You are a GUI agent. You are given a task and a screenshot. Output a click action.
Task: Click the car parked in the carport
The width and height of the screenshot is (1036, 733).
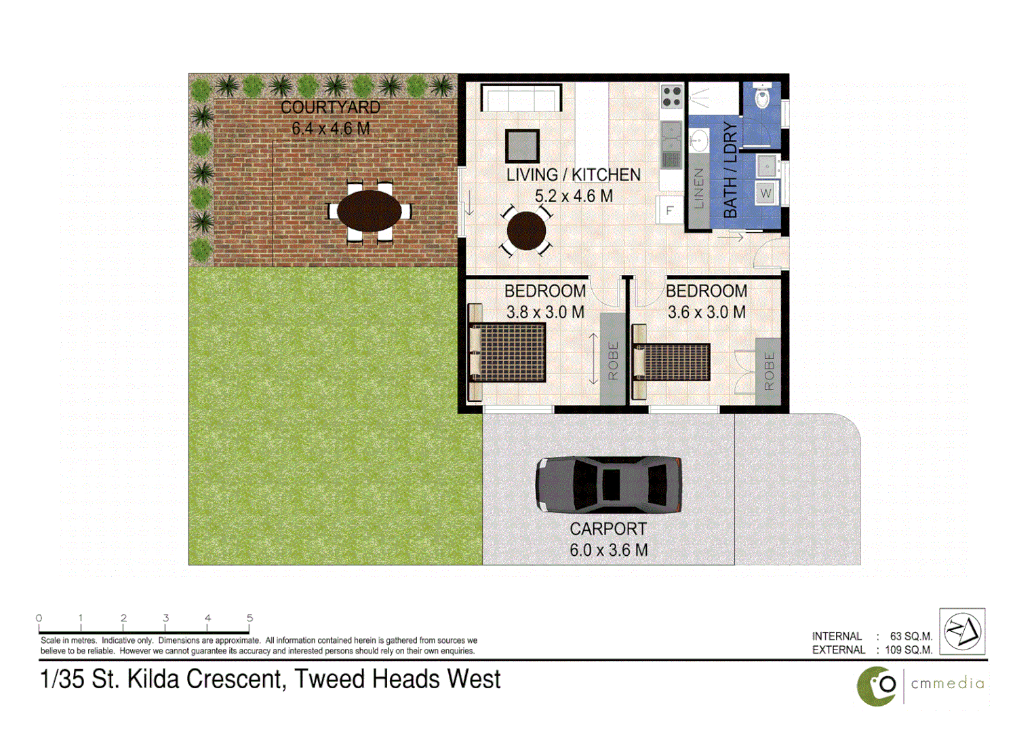tap(608, 484)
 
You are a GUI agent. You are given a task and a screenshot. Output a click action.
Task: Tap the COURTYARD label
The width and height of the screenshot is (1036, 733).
tap(330, 107)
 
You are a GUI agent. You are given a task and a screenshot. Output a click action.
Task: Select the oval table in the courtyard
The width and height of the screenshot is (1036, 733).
tap(369, 211)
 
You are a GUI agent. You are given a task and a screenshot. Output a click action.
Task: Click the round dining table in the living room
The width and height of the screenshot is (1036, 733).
tap(526, 231)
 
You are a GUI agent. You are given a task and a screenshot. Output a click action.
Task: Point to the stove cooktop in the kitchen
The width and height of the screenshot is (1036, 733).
tap(671, 96)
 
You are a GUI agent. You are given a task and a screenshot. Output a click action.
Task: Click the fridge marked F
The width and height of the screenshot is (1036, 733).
tap(669, 210)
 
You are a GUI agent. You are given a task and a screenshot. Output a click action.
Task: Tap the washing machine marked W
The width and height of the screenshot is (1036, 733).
tap(766, 193)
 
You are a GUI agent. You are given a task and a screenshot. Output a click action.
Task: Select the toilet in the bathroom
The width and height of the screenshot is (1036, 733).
tap(763, 96)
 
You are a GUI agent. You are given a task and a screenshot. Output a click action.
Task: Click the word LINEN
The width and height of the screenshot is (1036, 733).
tap(699, 188)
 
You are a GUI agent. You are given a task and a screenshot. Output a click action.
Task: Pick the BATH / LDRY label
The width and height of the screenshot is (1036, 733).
tap(730, 170)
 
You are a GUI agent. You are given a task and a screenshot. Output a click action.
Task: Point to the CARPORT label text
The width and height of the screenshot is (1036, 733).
tap(607, 529)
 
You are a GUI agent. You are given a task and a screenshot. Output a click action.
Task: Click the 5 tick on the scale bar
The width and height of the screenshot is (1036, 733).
tap(250, 618)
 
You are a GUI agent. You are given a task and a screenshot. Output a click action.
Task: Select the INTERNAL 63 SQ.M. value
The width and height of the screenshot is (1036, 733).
tap(911, 636)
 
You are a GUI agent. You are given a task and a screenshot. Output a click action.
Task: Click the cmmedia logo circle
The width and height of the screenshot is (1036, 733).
tap(877, 686)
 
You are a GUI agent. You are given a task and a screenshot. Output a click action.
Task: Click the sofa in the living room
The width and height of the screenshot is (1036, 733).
tap(521, 98)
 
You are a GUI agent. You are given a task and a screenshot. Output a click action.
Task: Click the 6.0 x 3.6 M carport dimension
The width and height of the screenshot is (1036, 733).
tap(608, 550)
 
